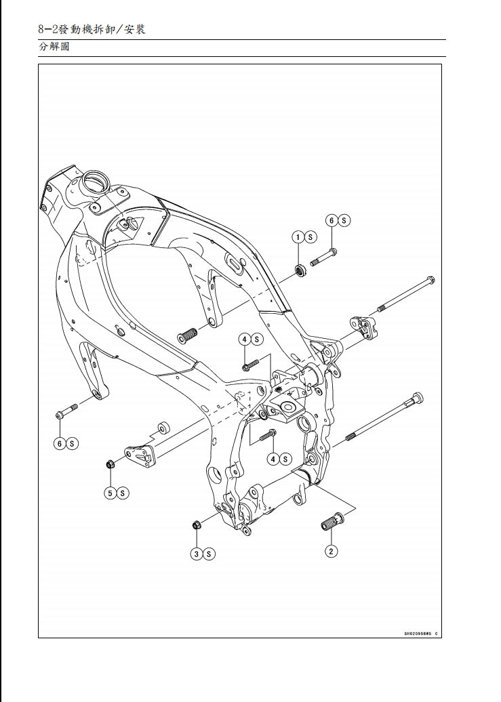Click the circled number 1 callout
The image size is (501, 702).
(x=298, y=237)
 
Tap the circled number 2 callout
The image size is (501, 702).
(x=331, y=551)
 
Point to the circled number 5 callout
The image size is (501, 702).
(x=110, y=493)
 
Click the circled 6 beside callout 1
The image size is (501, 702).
(x=332, y=220)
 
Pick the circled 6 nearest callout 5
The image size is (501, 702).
(x=60, y=443)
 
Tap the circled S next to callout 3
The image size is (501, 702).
(x=209, y=554)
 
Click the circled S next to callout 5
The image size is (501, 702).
(x=123, y=493)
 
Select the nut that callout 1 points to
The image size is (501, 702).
(x=300, y=271)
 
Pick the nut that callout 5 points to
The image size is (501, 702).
(x=110, y=464)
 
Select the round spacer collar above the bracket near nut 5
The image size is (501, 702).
(x=163, y=427)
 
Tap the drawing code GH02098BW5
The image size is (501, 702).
(x=419, y=634)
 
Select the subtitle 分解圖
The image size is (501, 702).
(x=54, y=47)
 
